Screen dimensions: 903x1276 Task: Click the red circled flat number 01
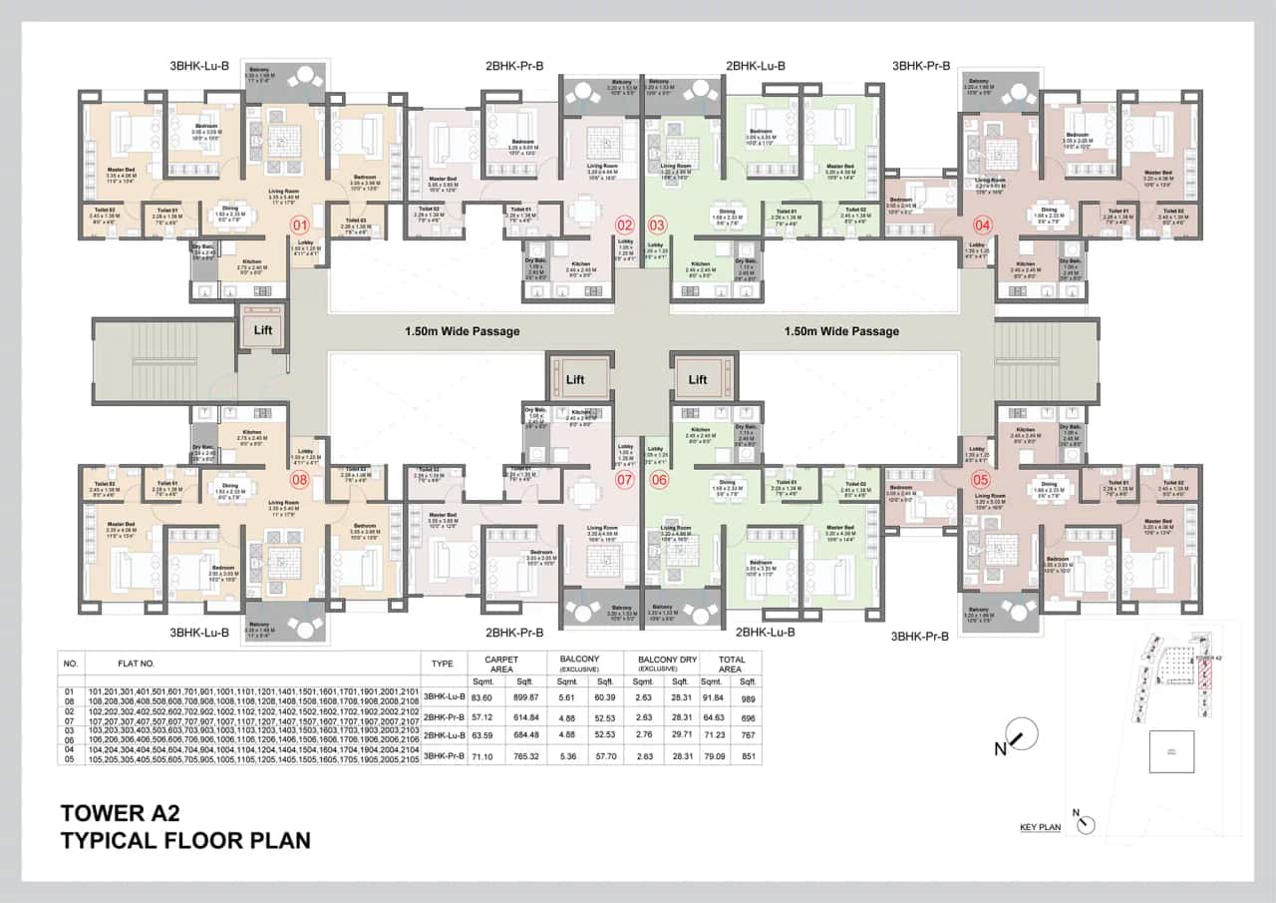[298, 225]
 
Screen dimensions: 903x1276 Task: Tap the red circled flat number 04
[983, 225]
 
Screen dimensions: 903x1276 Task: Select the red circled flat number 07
[625, 480]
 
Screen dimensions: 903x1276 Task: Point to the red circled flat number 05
[981, 480]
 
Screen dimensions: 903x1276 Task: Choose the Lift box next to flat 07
[575, 379]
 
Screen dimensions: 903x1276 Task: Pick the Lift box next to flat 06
[697, 379]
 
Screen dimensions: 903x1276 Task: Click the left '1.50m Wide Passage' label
[462, 331]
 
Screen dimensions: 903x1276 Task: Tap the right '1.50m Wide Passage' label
[841, 331]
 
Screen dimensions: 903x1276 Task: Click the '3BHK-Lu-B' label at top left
[199, 66]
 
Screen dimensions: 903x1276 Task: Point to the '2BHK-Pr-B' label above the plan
[514, 66]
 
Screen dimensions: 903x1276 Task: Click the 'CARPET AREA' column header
[500, 665]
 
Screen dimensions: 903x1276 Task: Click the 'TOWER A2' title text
[121, 811]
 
